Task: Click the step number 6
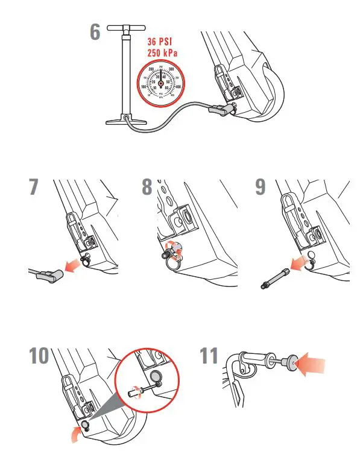point(95,31)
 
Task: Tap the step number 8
point(147,186)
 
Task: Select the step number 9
point(260,186)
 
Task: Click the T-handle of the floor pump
point(128,28)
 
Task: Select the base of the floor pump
point(127,121)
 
